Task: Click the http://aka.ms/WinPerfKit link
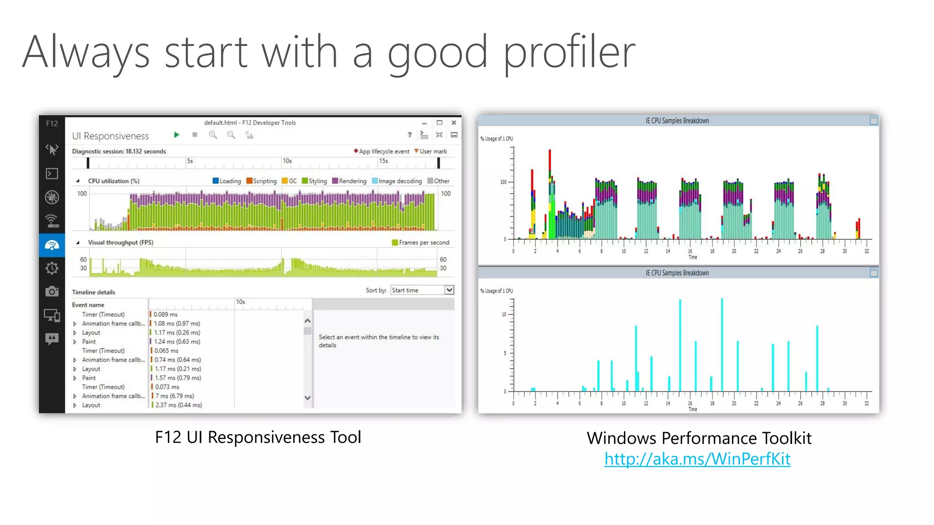click(697, 459)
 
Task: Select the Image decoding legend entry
click(397, 181)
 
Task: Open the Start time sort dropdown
click(449, 290)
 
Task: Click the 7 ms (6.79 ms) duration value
click(175, 396)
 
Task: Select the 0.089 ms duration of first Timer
click(166, 314)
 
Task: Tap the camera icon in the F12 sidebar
click(52, 291)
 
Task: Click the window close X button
click(454, 123)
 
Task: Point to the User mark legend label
click(433, 151)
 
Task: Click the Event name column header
click(88, 305)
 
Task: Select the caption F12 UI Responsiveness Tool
click(258, 437)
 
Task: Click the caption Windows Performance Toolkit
click(699, 438)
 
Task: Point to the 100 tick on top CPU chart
click(503, 182)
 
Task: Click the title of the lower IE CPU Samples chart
click(677, 273)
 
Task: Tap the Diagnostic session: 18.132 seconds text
click(119, 151)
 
